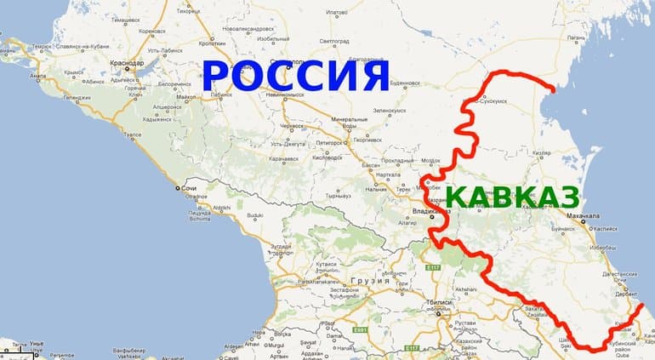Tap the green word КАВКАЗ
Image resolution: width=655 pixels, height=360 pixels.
pos(511,197)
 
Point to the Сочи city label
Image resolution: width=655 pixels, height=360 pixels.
pos(191,187)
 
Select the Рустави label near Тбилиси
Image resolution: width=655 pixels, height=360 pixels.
pos(466,322)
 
